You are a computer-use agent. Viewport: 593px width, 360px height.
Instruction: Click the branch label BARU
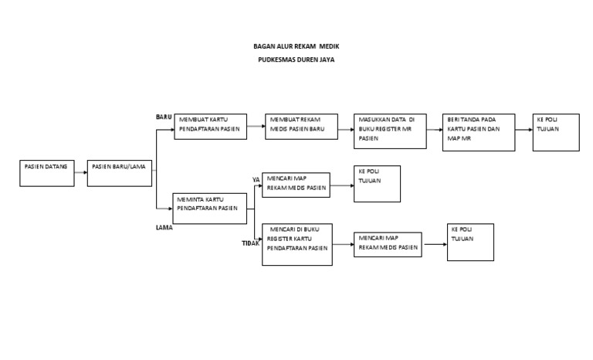coord(164,117)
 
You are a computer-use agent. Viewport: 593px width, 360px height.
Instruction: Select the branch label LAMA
coord(164,227)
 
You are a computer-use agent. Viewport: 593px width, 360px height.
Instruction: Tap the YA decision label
coord(256,180)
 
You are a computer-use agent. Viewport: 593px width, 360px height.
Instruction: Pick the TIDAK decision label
coord(251,243)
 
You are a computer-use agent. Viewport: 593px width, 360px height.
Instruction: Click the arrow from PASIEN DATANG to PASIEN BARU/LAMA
coord(81,172)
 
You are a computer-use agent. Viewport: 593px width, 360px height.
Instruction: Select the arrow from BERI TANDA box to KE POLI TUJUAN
coord(524,130)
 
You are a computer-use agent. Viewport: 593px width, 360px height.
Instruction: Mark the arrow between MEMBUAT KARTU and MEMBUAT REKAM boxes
coord(256,126)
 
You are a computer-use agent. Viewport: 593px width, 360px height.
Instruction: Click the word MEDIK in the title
coord(329,46)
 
